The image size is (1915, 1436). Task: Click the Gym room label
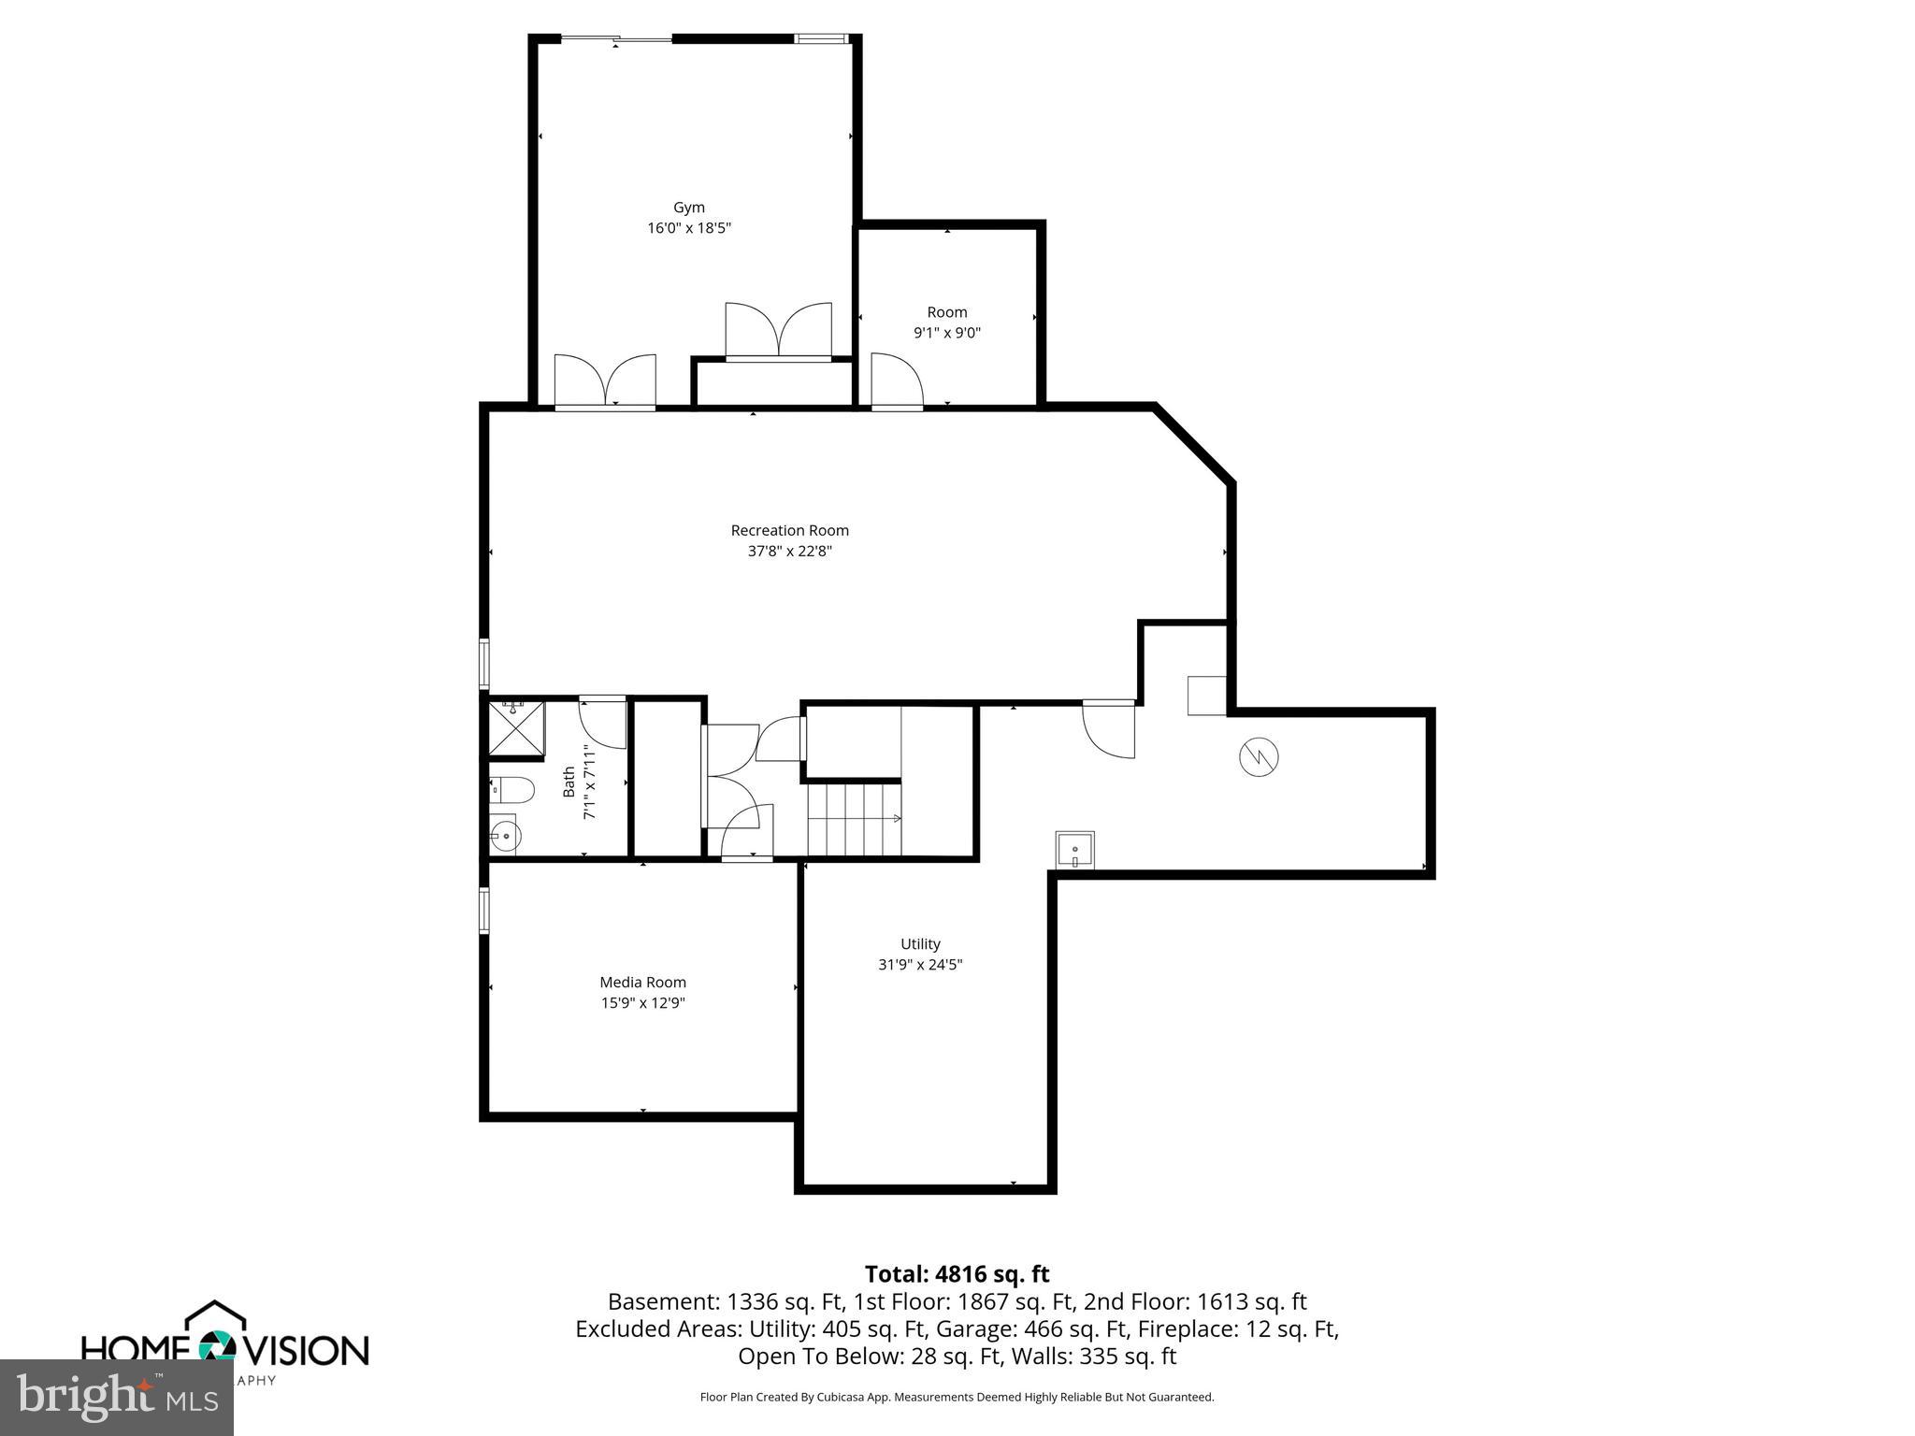(x=689, y=208)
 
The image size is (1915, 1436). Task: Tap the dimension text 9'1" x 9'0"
(x=947, y=333)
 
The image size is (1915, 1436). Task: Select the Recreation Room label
(x=789, y=530)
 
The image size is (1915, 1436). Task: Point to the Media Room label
(x=642, y=982)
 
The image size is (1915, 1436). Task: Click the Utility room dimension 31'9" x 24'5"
(x=920, y=965)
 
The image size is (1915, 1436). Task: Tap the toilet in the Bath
(x=511, y=790)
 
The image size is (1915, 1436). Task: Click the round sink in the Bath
(x=505, y=834)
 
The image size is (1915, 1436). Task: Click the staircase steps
(x=853, y=819)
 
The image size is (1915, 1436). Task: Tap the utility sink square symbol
(x=1075, y=850)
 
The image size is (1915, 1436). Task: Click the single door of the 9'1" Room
(x=896, y=383)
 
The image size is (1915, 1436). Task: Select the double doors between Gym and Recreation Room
(x=605, y=383)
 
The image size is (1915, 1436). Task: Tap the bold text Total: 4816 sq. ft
(x=957, y=1274)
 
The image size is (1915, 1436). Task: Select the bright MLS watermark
(x=117, y=1397)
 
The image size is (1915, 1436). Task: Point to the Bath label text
(x=569, y=782)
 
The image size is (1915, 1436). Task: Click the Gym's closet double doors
(x=778, y=331)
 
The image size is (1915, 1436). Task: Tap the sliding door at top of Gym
(x=616, y=39)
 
